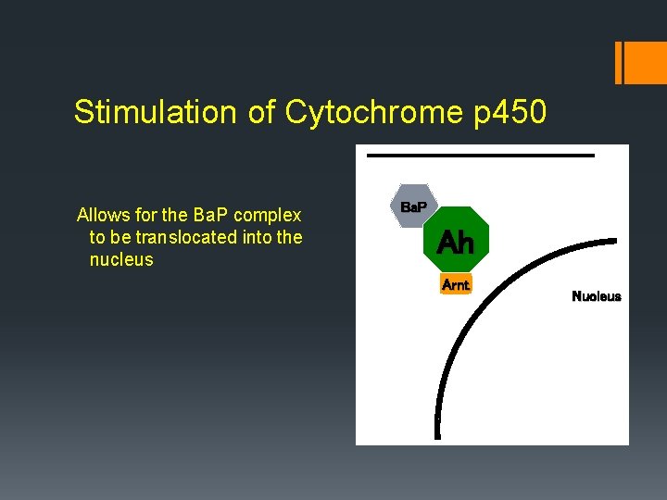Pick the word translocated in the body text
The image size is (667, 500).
tap(189, 238)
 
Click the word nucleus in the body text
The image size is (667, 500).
tap(121, 260)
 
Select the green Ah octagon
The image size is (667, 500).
tap(455, 242)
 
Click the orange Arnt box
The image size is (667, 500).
tap(456, 285)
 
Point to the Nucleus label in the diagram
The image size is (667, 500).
tap(597, 296)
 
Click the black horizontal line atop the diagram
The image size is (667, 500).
tap(480, 156)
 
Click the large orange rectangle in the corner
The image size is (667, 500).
tap(643, 62)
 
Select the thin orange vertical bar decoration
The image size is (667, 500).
tap(618, 62)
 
